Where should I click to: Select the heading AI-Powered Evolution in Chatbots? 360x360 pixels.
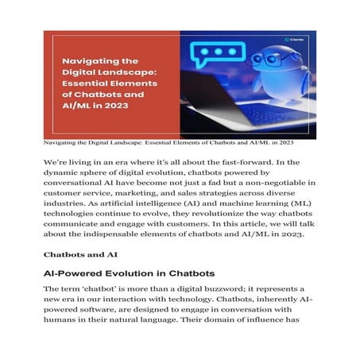tap(129, 273)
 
